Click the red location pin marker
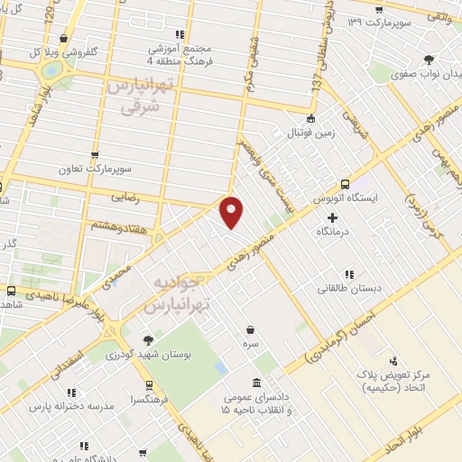point(233,211)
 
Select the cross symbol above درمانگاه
point(333,217)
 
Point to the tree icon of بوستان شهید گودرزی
point(148,340)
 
